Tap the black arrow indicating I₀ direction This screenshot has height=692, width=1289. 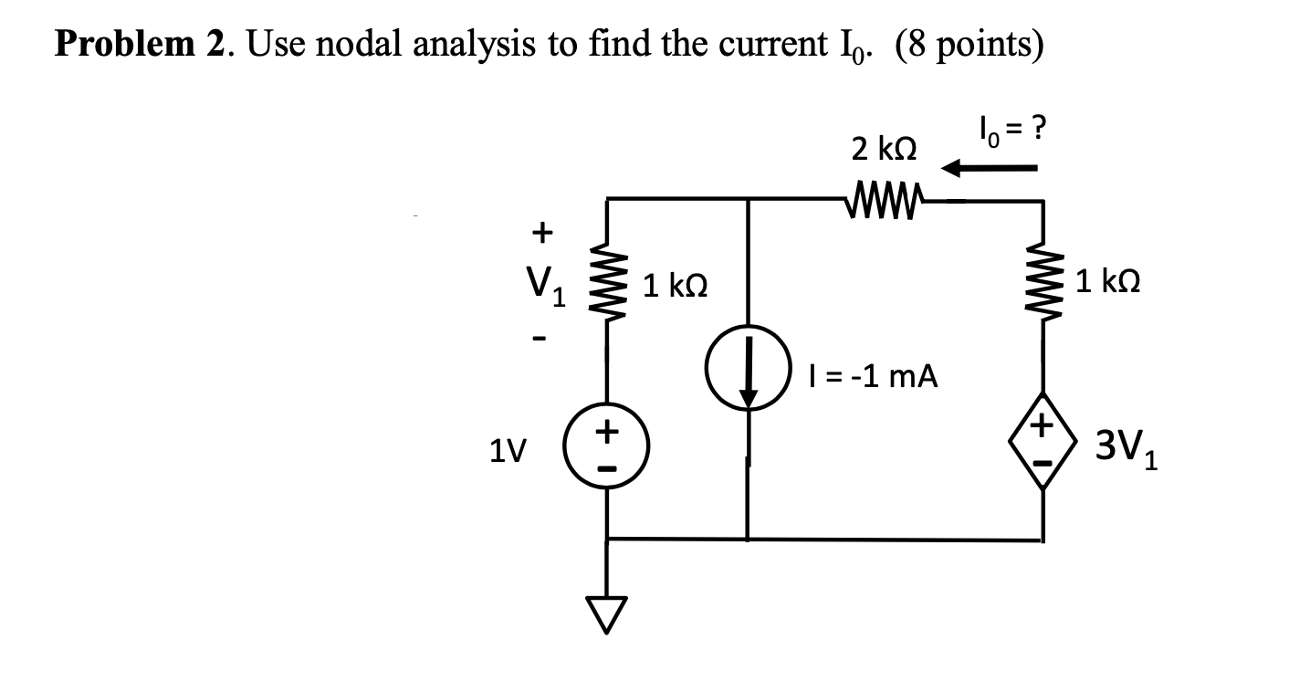coord(990,168)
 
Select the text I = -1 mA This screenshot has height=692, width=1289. coord(872,375)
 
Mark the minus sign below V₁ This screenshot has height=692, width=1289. coord(540,340)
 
